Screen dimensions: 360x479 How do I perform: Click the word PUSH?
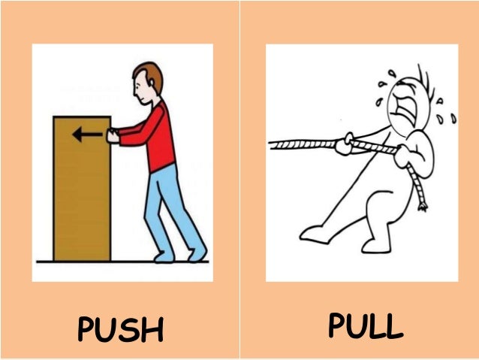120,330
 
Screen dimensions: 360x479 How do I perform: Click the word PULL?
366,326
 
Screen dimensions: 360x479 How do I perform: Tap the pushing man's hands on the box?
113,136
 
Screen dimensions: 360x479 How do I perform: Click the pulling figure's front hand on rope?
345,144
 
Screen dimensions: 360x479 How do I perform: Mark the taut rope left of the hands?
300,142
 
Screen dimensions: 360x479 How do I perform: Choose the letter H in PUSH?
153,330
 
